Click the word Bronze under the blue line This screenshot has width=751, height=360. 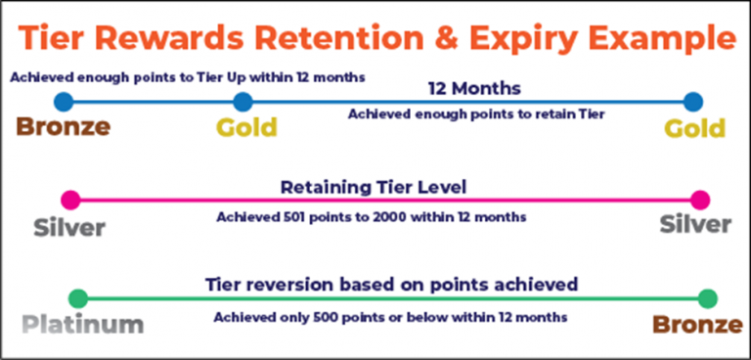pos(63,127)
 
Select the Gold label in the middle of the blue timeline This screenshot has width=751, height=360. pos(246,127)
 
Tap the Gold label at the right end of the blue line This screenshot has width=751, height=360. pos(694,128)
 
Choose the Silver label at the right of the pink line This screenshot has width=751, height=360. pos(695,224)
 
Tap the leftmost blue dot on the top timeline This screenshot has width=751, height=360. pos(64,101)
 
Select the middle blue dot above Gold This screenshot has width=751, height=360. pos(243,101)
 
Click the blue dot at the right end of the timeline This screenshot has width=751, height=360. pos(693,101)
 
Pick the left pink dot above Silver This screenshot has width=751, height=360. pos(69,200)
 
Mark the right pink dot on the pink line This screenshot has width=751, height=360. pos(699,200)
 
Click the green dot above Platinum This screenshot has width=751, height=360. pos(78,298)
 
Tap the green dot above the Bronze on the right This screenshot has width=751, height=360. pos(708,298)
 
